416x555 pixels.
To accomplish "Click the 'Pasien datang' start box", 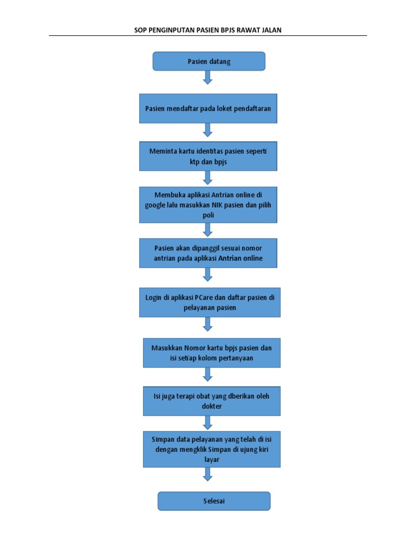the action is (209, 61).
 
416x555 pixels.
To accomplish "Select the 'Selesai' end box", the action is (214, 501).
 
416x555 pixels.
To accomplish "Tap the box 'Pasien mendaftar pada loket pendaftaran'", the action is (208, 108).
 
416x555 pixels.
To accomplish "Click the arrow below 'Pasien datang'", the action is (207, 78).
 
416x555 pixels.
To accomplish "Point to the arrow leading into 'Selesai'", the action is (207, 474).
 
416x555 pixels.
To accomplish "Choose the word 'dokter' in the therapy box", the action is (212, 406).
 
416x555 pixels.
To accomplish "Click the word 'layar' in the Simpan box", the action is (212, 460).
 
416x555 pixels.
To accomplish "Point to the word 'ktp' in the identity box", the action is (194, 162).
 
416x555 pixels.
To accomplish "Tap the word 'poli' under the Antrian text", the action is (209, 215).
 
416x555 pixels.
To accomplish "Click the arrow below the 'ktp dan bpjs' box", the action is (207, 178).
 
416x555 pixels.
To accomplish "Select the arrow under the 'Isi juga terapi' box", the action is (207, 423).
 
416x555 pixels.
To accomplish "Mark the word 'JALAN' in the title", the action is (272, 30).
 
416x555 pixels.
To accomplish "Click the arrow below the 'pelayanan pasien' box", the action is (207, 324).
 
